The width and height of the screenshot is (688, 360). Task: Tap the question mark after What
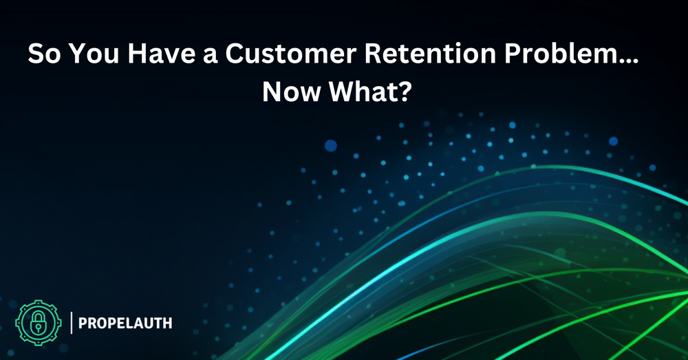[405, 92]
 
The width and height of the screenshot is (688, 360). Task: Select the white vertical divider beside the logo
[72, 323]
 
